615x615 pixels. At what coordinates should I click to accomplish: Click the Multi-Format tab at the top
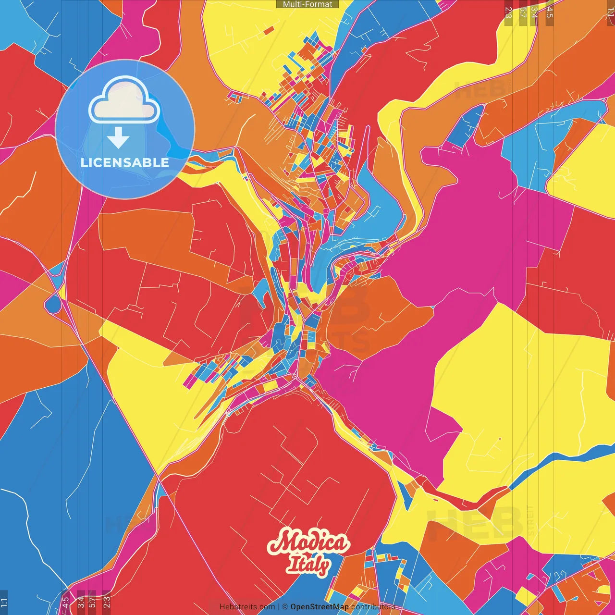coord(307,4)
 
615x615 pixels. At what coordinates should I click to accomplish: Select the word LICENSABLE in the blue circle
coord(125,162)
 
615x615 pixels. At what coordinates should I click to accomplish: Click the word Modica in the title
coord(307,543)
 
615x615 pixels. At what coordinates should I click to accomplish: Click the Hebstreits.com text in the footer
coord(247,607)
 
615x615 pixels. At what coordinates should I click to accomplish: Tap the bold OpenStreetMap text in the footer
coord(320,607)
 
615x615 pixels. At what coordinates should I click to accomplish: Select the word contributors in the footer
coord(373,607)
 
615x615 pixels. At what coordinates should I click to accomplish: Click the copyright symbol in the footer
coord(284,607)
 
